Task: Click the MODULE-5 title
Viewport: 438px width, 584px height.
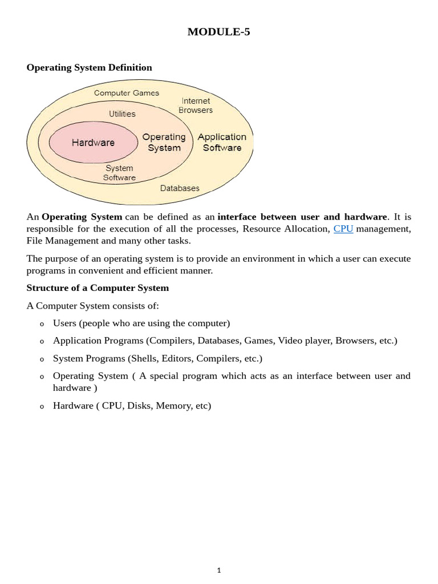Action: (218, 32)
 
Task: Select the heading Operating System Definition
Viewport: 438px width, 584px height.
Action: (89, 67)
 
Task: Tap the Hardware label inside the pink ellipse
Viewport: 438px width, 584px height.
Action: (93, 143)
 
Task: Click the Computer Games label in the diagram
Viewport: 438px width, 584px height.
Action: (127, 93)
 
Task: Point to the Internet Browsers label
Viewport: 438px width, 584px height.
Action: (196, 106)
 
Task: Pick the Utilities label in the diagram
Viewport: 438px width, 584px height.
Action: (123, 114)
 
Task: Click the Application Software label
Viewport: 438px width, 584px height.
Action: (222, 143)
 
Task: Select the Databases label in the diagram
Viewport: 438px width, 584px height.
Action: (180, 188)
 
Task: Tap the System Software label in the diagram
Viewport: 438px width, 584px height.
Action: (119, 173)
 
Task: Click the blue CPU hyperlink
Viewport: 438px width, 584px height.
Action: (343, 229)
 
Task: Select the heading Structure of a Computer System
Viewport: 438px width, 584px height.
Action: (98, 288)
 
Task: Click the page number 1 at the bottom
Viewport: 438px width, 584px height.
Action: (219, 570)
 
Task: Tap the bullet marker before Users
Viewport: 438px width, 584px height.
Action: (42, 325)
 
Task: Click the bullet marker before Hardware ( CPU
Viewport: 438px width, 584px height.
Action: (42, 407)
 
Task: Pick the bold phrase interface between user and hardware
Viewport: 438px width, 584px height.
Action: (302, 217)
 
